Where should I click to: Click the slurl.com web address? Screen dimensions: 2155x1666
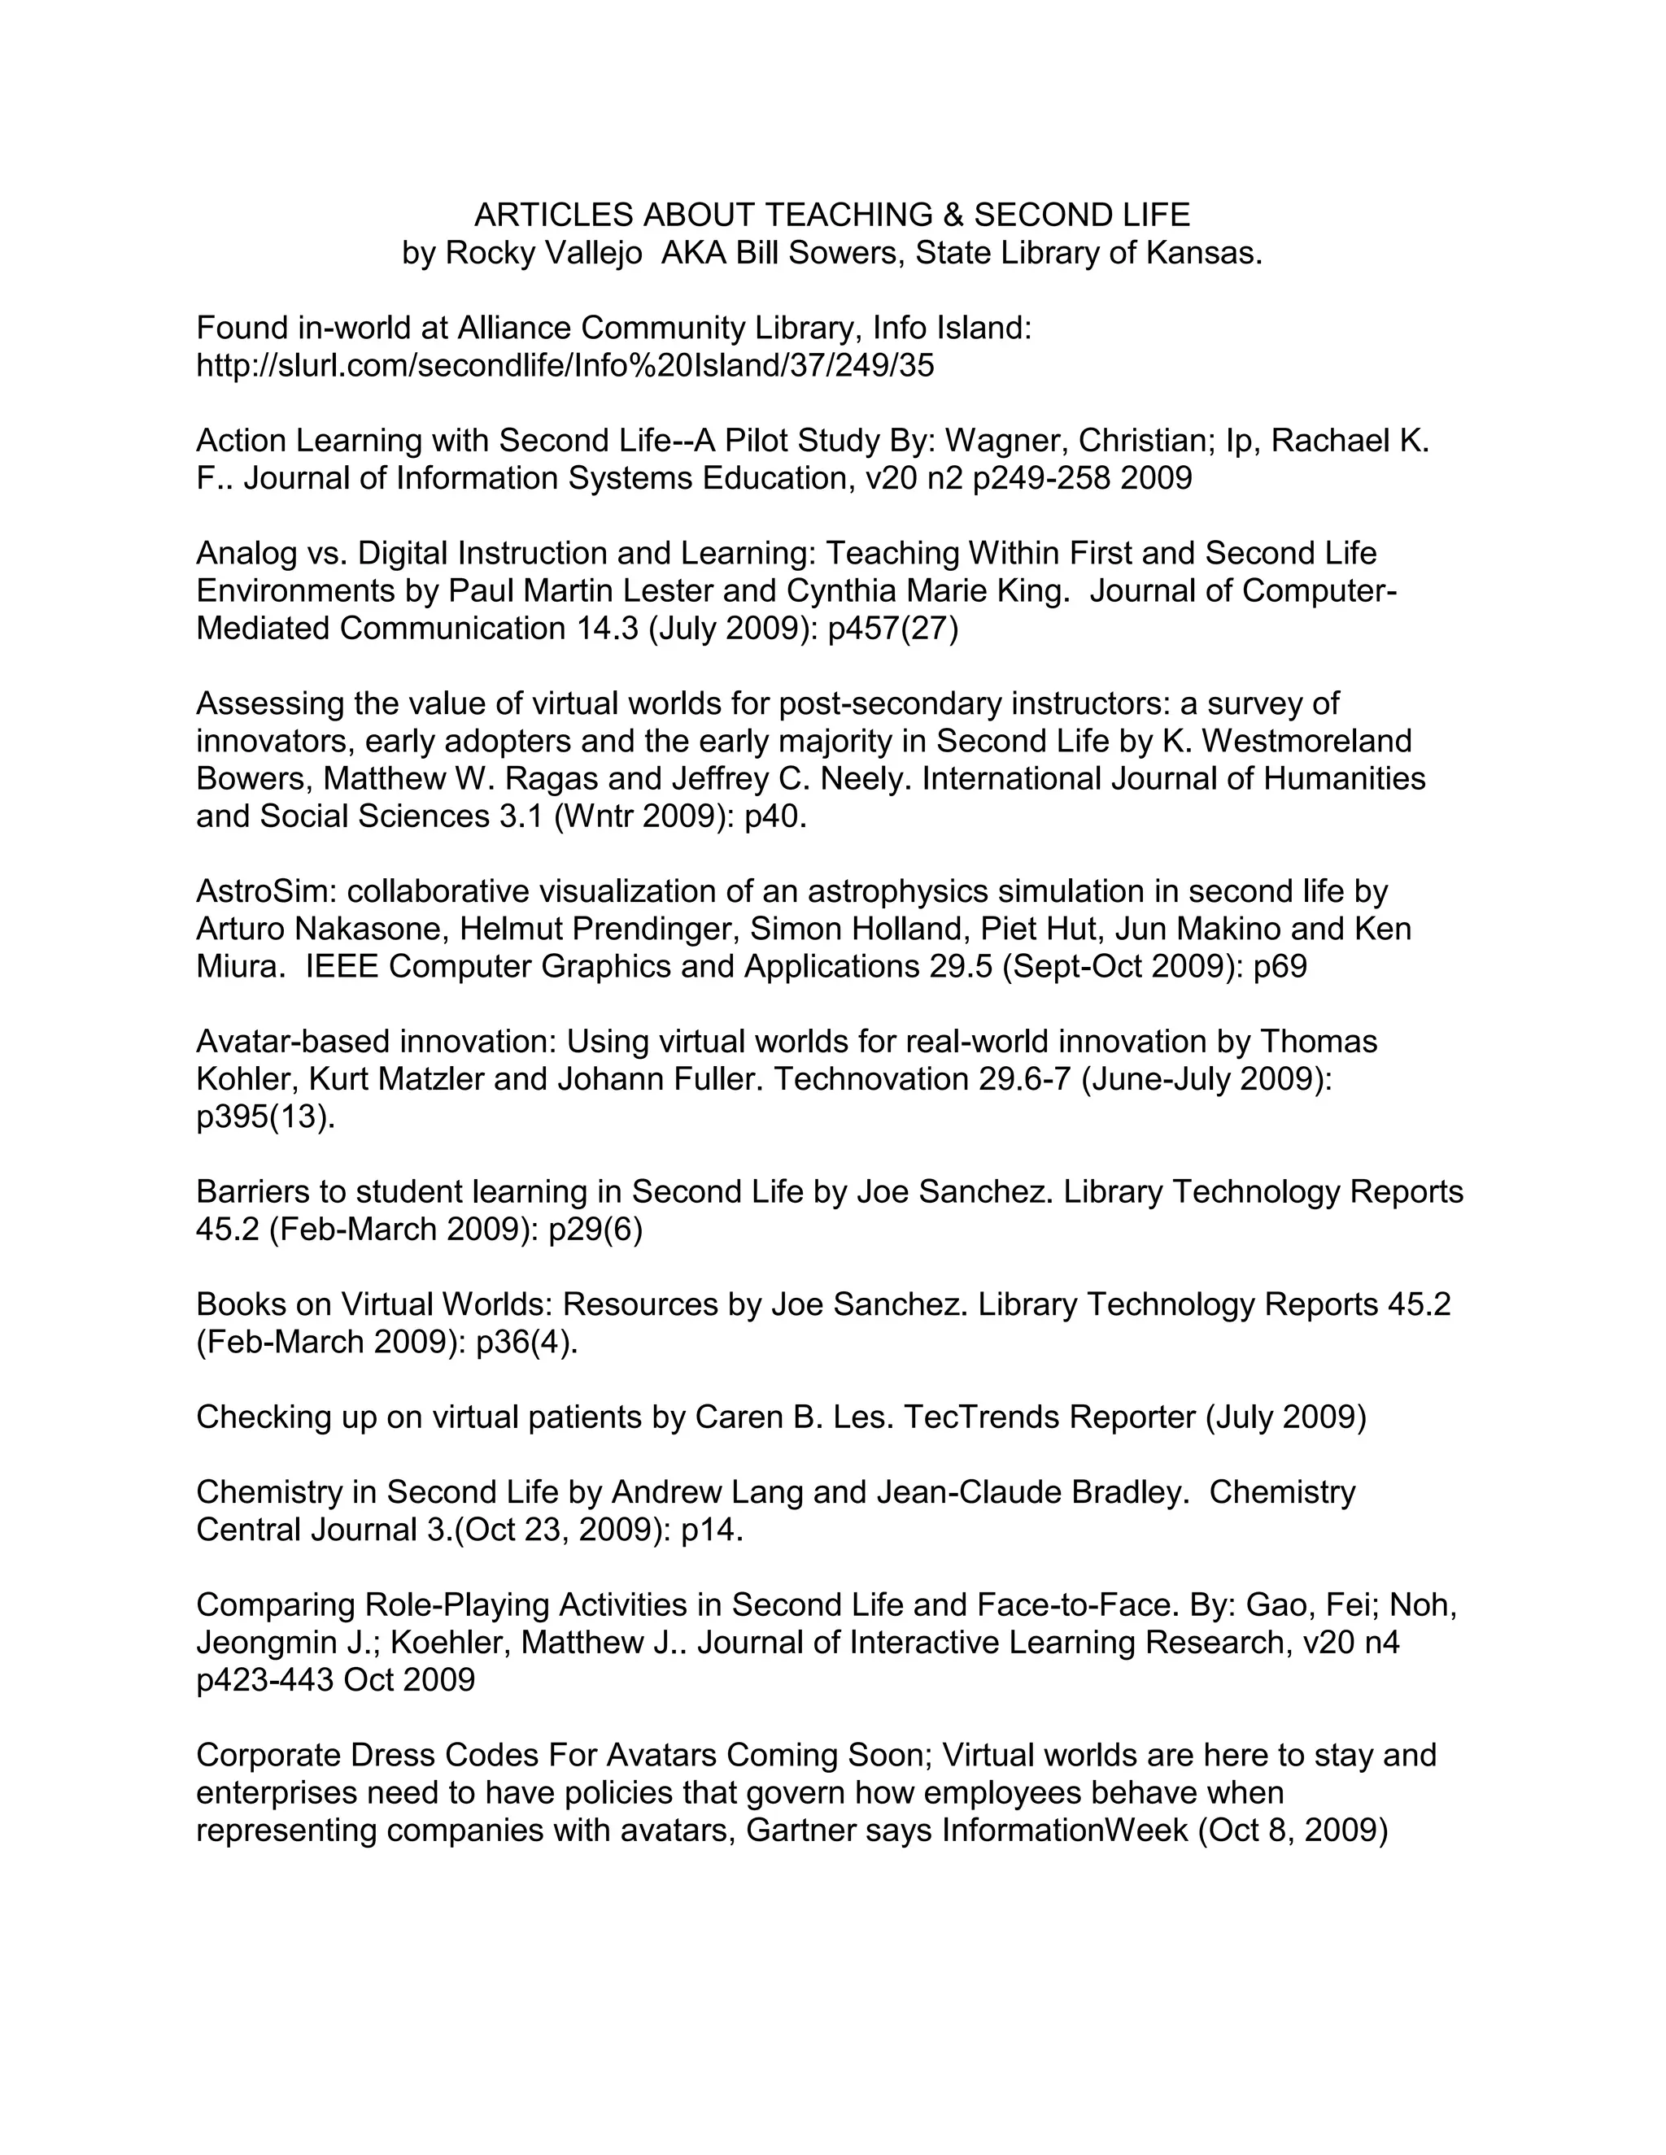565,366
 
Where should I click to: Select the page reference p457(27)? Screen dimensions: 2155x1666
893,629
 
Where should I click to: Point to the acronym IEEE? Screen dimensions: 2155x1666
342,967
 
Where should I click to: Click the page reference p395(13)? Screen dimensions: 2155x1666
265,1118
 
